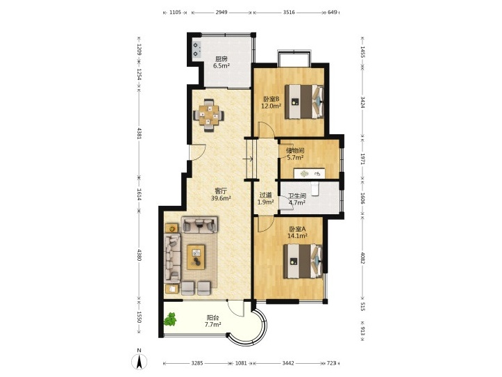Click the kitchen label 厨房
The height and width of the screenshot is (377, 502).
221,59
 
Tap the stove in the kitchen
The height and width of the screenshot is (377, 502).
196,49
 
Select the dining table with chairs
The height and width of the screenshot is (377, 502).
209,115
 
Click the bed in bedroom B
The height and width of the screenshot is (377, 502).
304,102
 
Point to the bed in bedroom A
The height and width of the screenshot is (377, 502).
303,261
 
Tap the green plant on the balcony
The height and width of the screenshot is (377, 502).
170,319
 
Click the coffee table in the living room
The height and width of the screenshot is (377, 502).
196,257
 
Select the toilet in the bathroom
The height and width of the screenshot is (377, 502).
315,188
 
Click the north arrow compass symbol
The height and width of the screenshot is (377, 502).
140,360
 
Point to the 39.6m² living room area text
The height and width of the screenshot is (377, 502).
221,198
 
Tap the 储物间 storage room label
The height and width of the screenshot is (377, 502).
295,150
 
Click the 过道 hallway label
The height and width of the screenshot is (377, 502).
265,195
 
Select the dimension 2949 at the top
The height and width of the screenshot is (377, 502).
221,13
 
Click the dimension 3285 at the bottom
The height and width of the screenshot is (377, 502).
197,363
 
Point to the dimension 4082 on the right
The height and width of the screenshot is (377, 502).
362,258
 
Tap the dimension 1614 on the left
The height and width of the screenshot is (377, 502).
139,194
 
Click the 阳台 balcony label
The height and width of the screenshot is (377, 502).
213,318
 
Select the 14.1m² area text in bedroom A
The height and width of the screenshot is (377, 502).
297,236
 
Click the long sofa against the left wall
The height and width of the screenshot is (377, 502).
172,257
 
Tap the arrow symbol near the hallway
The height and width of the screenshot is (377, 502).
248,159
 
